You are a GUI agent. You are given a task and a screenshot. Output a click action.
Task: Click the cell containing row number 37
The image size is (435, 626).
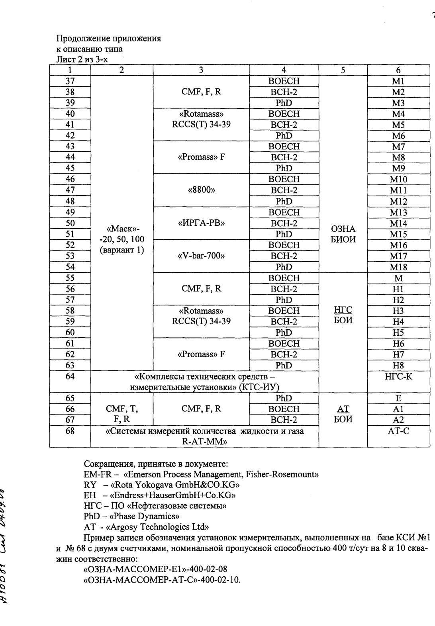point(70,81)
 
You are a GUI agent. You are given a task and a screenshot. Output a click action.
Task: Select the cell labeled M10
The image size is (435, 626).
point(398,180)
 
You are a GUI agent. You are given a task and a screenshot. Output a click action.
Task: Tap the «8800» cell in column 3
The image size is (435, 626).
point(201,190)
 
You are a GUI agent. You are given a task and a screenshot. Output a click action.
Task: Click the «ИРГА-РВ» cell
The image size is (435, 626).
point(201,223)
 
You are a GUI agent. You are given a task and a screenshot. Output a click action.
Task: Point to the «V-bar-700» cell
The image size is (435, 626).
point(201,256)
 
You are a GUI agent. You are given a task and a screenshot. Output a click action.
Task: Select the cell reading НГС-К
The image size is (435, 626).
point(398,376)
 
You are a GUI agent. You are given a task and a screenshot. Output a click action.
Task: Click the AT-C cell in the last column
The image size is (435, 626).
point(398,431)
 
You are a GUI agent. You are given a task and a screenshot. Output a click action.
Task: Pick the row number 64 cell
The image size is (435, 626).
point(70,376)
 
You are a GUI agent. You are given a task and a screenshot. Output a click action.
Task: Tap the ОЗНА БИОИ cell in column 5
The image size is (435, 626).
point(343,234)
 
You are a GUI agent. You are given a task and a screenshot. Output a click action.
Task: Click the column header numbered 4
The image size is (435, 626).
point(284,70)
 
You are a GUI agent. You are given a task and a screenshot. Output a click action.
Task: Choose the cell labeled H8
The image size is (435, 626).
point(398,366)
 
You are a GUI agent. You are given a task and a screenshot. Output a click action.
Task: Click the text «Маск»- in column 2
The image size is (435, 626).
point(122,229)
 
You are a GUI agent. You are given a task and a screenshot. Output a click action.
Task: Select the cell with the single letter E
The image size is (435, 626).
point(398,398)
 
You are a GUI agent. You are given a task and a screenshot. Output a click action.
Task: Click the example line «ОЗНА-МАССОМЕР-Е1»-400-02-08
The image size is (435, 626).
point(155,569)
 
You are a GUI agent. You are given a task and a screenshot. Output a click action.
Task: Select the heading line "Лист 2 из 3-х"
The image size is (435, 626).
point(82,60)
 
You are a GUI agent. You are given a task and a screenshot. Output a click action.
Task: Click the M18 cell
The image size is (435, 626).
point(398,267)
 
